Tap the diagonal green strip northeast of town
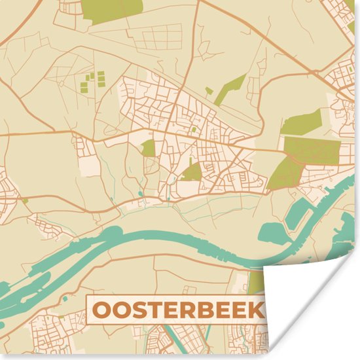point(231,88)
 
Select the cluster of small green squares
point(94,81)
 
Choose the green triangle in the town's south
point(192,173)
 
